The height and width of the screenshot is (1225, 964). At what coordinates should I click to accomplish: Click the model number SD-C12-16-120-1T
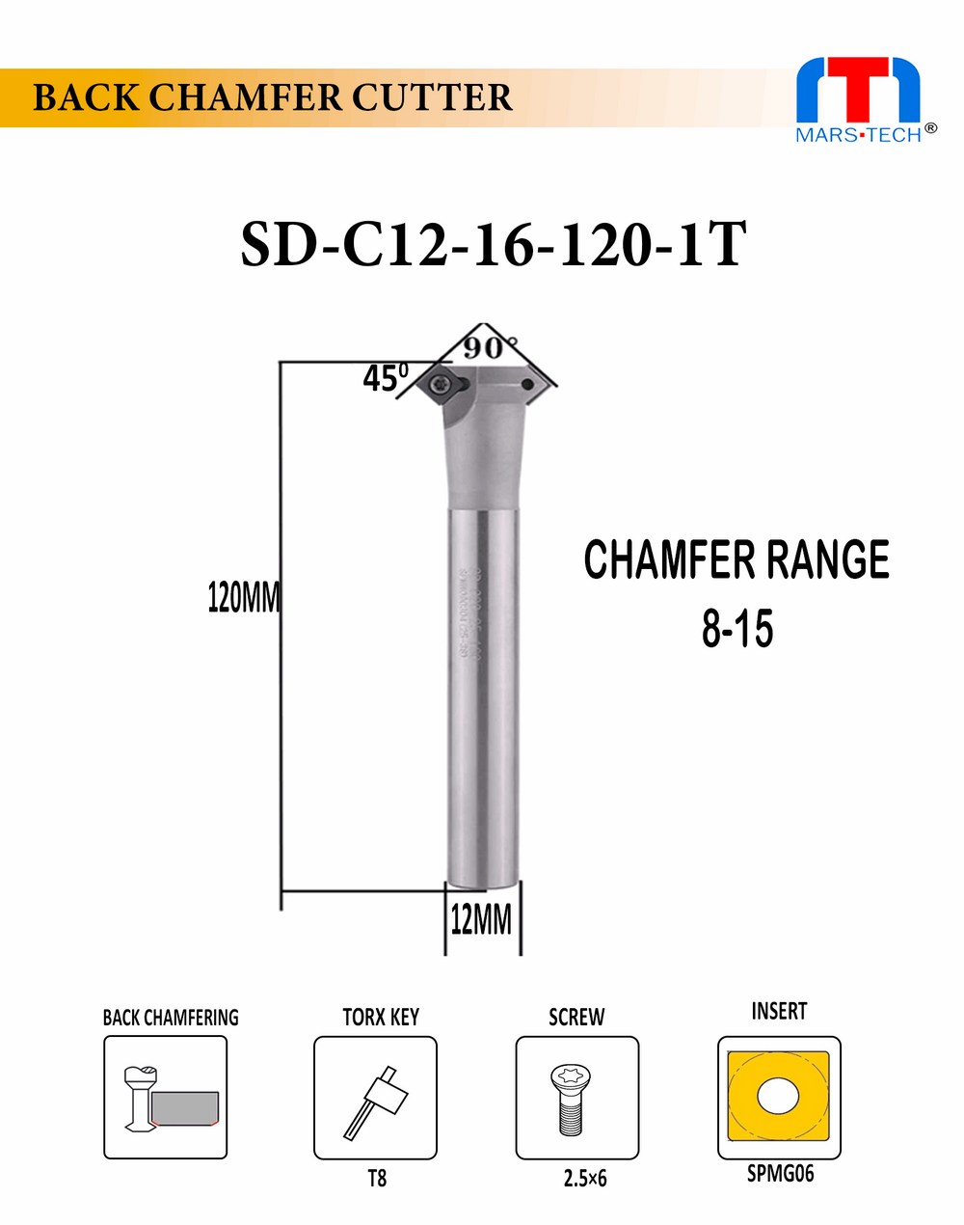(x=493, y=244)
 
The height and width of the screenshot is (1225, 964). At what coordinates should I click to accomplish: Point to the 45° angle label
(x=385, y=377)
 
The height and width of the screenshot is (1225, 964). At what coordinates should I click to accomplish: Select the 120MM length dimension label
(x=243, y=598)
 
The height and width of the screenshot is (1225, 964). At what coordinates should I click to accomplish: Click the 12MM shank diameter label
(x=481, y=920)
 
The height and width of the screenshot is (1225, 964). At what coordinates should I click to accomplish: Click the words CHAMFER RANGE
(x=736, y=559)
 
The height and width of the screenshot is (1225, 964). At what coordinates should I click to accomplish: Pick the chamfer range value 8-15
(x=737, y=629)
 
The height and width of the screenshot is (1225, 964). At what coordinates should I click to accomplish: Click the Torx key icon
(x=375, y=1098)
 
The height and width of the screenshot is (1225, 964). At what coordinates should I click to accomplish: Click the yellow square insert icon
(x=779, y=1097)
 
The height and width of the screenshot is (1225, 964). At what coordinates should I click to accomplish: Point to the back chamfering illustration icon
(x=166, y=1098)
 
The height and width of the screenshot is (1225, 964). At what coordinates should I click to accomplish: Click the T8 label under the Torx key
(x=377, y=1178)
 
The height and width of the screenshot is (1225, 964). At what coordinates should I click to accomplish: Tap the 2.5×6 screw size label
(x=585, y=1178)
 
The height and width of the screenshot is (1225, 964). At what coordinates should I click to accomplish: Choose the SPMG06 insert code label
(x=780, y=1174)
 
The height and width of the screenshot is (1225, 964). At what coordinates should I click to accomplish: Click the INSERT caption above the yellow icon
(x=779, y=1011)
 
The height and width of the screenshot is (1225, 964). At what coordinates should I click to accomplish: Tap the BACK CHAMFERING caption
(x=171, y=1018)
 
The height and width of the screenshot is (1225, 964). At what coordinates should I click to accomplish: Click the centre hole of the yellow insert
(x=779, y=1097)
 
